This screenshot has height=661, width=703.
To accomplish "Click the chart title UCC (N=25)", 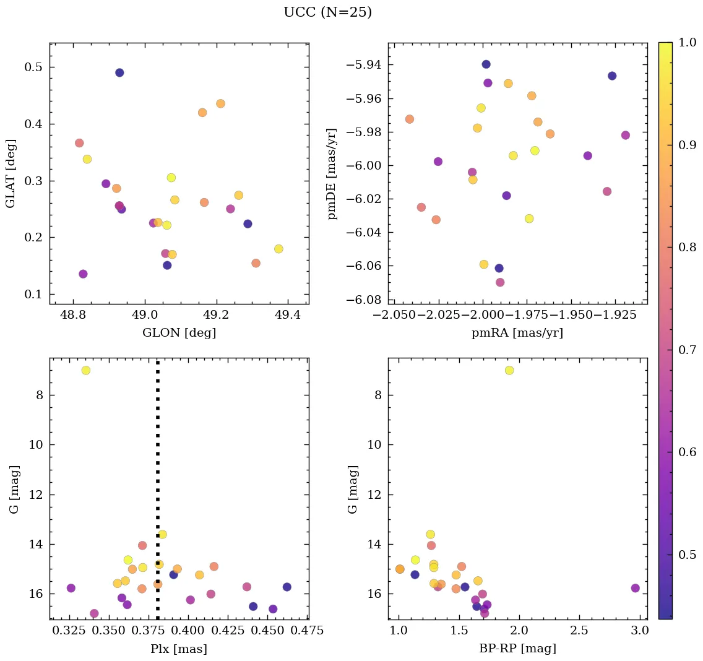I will [327, 12].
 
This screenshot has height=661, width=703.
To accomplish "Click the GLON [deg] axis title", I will [179, 332].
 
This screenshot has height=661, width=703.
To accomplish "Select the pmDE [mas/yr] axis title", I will [333, 173].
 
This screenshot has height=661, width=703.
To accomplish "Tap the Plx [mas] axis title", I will [179, 649].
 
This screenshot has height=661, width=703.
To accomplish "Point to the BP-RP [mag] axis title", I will [517, 649].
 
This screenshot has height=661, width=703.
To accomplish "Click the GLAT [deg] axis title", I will [11, 173].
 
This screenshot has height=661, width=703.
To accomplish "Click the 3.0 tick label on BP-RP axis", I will [639, 631].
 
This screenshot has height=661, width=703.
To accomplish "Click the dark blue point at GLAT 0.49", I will [119, 72].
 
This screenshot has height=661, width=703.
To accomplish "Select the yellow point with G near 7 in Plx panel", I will [86, 370].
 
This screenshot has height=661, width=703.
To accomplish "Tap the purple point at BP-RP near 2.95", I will [635, 588].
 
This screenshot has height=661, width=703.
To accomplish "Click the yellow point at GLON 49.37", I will [278, 249].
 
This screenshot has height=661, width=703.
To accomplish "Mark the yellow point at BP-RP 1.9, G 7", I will [509, 370].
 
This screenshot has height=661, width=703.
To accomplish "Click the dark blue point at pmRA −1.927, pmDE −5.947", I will [612, 76].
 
